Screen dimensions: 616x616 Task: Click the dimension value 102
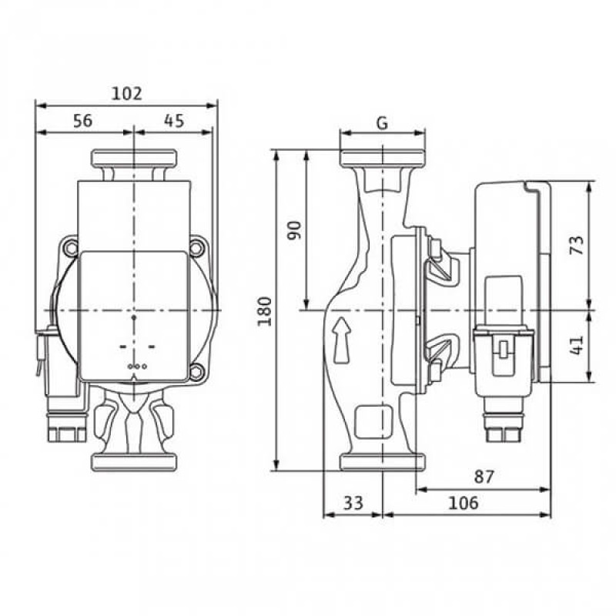point(127,93)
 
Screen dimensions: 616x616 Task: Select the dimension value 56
point(83,121)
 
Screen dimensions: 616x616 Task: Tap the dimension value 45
point(174,121)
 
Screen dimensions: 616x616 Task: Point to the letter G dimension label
point(382,123)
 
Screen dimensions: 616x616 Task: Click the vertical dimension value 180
point(265,311)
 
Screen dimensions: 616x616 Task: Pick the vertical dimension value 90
point(295,230)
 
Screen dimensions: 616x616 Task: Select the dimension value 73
point(577,245)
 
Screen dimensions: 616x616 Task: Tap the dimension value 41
point(577,345)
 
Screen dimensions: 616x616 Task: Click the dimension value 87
point(484,477)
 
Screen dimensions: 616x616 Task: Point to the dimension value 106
point(464,503)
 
